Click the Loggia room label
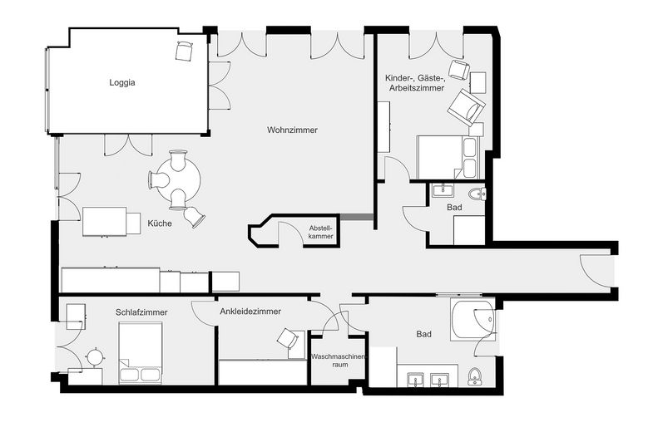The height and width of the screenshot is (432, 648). (x=121, y=83)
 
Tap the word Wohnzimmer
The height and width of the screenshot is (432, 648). (x=292, y=130)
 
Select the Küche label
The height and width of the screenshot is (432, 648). (x=160, y=223)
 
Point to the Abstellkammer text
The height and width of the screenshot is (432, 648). (x=320, y=232)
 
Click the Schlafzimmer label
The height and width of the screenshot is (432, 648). (x=141, y=312)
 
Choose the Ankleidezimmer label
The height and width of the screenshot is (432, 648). (x=250, y=312)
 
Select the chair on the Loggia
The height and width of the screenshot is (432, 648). (x=184, y=51)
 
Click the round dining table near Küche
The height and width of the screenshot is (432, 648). (x=177, y=178)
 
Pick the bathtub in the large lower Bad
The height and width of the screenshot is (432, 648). (x=472, y=321)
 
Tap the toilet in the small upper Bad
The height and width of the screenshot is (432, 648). (x=477, y=194)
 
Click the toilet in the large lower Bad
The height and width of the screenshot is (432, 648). (x=475, y=376)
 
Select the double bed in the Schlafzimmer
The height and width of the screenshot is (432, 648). (x=140, y=353)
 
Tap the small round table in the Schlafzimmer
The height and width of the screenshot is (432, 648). (x=96, y=356)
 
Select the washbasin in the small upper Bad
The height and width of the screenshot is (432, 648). (x=442, y=189)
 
